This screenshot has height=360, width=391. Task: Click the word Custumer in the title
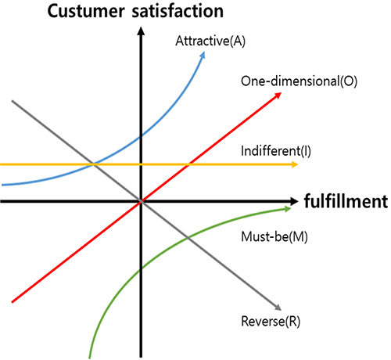click(x=86, y=12)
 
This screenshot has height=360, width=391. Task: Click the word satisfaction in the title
click(x=178, y=11)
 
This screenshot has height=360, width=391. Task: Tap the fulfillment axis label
click(x=346, y=201)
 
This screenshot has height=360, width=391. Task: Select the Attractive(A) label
click(x=210, y=41)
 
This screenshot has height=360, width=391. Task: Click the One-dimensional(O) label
click(x=299, y=81)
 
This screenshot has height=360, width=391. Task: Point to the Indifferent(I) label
click(x=276, y=151)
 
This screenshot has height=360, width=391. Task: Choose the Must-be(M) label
click(x=274, y=237)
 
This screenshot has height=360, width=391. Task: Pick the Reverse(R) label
click(x=271, y=321)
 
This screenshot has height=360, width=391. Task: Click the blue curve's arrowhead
click(x=203, y=56)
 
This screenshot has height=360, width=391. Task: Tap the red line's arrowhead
click(x=278, y=95)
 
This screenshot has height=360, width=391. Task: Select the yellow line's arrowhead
click(x=295, y=164)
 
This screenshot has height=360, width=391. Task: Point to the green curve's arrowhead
click(x=288, y=209)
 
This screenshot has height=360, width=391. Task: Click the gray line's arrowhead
click(x=278, y=308)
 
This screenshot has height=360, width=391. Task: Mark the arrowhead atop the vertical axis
click(x=141, y=31)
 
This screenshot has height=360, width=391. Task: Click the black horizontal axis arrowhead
click(x=294, y=201)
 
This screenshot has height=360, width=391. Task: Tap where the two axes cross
click(x=141, y=201)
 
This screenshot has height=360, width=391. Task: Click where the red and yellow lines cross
click(x=189, y=164)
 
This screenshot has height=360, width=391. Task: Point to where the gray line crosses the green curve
click(x=188, y=238)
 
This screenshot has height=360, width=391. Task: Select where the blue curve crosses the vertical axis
click(x=141, y=136)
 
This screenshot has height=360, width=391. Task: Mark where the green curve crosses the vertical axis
click(x=141, y=270)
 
